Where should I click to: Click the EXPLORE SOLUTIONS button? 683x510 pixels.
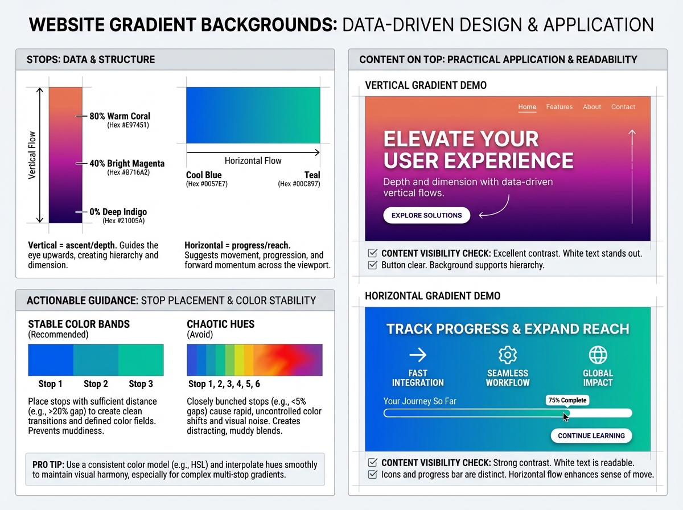click(x=426, y=215)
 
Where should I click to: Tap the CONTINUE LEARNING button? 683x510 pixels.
click(x=591, y=435)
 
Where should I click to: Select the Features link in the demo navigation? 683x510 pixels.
click(x=559, y=106)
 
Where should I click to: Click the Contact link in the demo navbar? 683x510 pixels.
click(x=623, y=106)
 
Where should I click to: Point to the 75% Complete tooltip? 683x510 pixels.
click(x=566, y=400)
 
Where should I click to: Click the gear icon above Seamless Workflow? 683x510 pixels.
click(x=507, y=355)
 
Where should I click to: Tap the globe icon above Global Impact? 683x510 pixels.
click(x=598, y=355)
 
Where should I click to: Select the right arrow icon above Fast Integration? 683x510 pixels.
click(x=418, y=355)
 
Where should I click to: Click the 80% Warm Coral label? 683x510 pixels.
click(x=120, y=116)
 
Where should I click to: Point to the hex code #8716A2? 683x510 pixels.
click(x=128, y=172)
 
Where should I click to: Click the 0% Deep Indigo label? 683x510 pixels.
click(x=118, y=212)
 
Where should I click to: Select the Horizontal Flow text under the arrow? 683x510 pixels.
click(x=253, y=161)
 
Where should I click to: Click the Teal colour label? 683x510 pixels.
click(x=312, y=175)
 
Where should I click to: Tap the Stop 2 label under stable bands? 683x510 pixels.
click(x=96, y=384)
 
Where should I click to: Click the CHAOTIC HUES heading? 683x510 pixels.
click(x=220, y=324)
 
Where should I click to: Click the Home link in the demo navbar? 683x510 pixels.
click(x=527, y=106)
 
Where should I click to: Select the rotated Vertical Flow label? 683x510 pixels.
click(x=32, y=155)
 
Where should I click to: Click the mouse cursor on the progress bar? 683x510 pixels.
click(x=565, y=417)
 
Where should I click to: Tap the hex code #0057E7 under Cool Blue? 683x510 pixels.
click(x=207, y=184)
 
